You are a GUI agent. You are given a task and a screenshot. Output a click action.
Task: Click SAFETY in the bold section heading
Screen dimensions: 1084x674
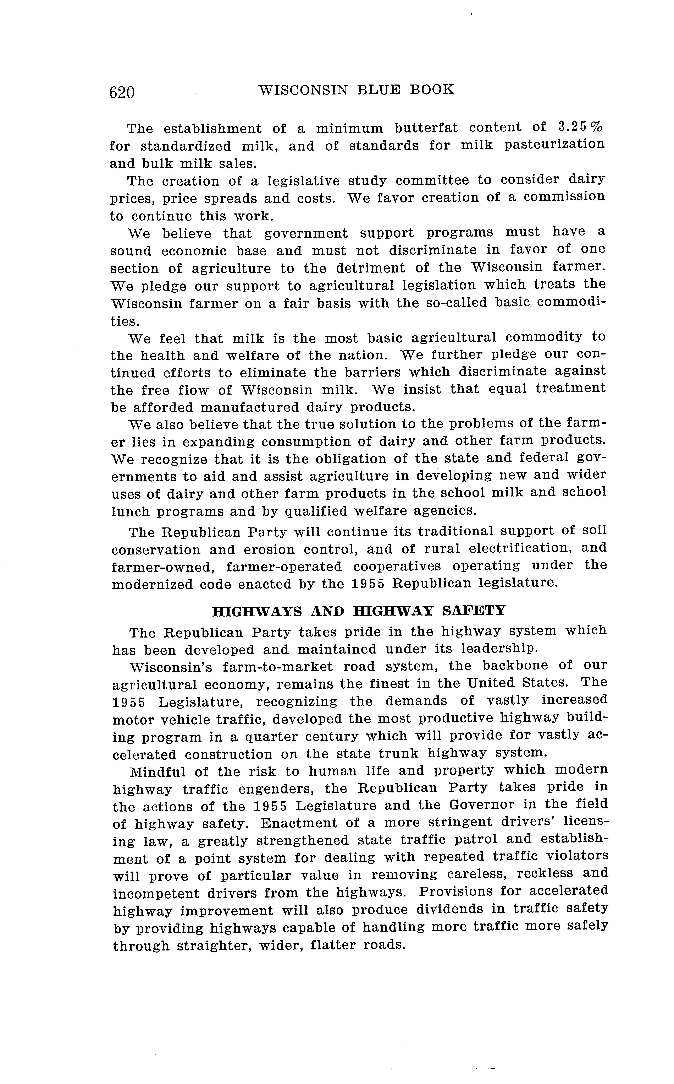pos(474,610)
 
